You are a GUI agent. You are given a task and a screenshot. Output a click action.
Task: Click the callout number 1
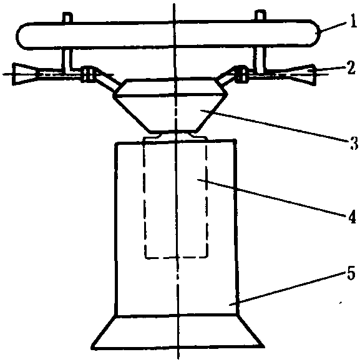(353, 21)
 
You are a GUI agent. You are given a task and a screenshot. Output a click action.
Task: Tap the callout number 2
(351, 67)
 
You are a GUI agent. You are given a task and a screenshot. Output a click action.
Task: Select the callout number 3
(353, 143)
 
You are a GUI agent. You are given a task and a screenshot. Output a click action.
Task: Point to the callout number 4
(352, 217)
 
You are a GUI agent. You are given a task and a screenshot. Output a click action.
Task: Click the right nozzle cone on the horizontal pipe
(303, 74)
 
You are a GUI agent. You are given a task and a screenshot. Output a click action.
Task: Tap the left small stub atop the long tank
(67, 17)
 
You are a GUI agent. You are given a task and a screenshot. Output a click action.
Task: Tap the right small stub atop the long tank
(260, 16)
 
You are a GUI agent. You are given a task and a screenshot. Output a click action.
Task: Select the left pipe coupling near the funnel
(88, 74)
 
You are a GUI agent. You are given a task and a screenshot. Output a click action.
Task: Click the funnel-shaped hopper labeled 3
(170, 105)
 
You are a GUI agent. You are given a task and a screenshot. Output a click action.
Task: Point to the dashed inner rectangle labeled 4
(145, 198)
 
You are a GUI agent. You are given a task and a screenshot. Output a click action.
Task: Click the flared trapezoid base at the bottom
(178, 331)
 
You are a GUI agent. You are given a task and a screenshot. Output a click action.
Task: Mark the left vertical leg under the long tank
(67, 59)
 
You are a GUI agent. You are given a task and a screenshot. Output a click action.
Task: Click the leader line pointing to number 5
(287, 289)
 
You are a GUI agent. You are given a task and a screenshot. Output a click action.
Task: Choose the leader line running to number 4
(272, 197)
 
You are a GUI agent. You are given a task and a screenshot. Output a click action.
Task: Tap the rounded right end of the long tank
(315, 33)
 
